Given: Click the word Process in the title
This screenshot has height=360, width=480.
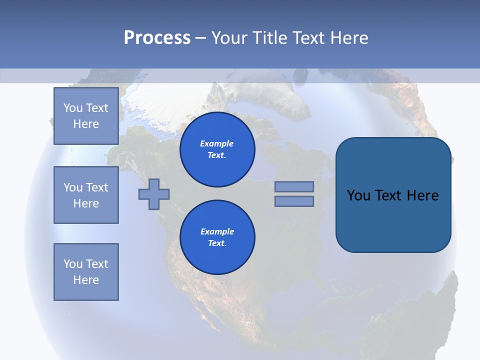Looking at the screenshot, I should (157, 38).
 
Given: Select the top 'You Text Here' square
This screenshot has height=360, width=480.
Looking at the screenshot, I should (86, 116).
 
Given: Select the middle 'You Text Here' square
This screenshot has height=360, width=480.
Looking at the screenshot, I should (86, 195).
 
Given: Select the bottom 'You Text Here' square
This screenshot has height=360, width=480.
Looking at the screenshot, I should (86, 272).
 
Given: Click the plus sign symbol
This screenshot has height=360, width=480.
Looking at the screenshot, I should (154, 193).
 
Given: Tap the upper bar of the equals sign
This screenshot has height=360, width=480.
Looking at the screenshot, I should (294, 186).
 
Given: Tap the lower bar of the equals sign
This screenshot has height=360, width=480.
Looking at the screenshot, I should (294, 201).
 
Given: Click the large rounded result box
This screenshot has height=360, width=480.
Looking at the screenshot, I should (393, 220).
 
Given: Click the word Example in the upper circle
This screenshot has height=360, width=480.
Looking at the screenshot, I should (217, 143).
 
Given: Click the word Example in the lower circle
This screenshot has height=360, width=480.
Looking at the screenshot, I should (217, 231).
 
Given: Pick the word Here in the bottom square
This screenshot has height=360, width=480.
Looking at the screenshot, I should (86, 280).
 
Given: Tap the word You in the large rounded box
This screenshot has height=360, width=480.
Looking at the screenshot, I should (358, 195).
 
